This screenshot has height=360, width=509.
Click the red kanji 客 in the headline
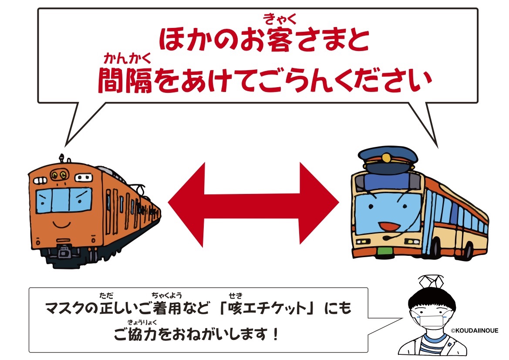point(279,40)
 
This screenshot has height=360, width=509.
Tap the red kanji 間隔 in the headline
point(125,80)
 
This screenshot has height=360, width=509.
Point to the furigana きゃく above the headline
point(280,20)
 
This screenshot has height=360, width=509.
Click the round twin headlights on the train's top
point(59,176)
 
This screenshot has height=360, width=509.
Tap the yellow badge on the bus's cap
point(386,158)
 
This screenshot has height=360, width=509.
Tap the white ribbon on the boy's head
point(431,282)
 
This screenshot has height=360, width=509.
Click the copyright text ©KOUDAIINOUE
point(474,331)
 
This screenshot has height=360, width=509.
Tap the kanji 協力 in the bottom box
point(142,334)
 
